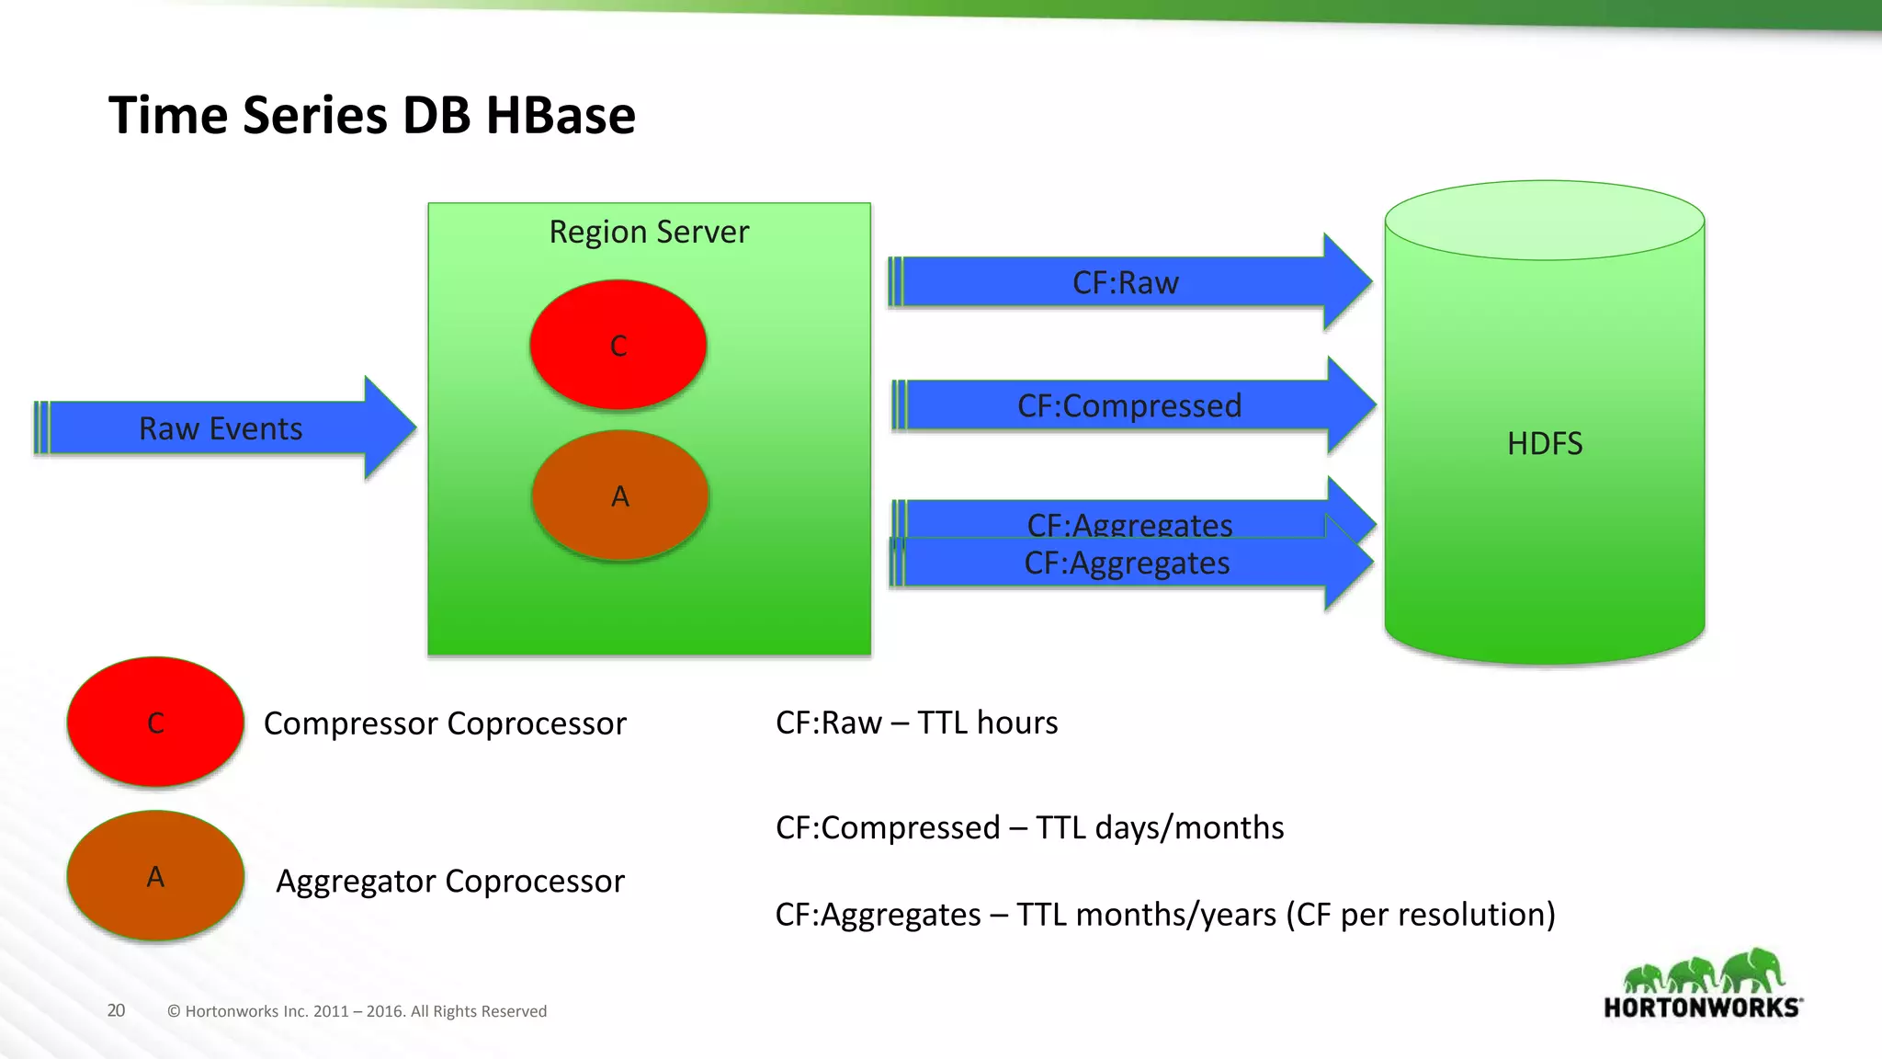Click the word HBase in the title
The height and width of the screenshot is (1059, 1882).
(x=560, y=116)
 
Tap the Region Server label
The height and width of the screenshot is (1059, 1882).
(x=649, y=232)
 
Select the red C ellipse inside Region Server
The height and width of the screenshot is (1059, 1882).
(x=618, y=345)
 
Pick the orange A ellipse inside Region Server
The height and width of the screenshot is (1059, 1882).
(x=620, y=496)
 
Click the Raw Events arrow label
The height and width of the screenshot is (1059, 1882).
(x=221, y=428)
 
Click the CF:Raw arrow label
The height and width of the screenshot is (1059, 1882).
(x=1125, y=282)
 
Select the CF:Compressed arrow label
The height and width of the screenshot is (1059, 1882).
(x=1129, y=405)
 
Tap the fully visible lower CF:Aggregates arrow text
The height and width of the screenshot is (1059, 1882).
(x=1127, y=563)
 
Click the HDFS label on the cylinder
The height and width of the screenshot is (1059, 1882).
(x=1544, y=443)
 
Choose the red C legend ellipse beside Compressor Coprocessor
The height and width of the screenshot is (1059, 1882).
(x=155, y=722)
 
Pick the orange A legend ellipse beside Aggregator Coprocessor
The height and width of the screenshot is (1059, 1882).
(x=155, y=876)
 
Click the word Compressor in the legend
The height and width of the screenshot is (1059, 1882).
(x=350, y=723)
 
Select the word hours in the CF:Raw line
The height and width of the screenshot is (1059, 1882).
(x=1017, y=723)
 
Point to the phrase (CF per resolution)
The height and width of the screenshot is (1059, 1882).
(x=1420, y=915)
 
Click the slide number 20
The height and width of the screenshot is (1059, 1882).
(x=116, y=1010)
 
